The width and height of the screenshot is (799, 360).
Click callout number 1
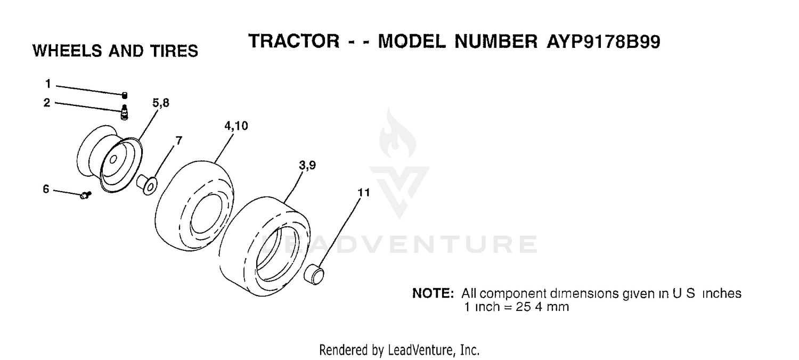(48, 84)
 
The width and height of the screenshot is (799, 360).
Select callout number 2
(47, 103)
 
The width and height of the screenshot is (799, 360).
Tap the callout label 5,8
(161, 103)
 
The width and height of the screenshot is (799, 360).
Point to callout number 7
(178, 141)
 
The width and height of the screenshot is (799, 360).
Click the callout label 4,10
(236, 126)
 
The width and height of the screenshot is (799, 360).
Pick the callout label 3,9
(307, 165)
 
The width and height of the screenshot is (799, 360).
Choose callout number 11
(364, 193)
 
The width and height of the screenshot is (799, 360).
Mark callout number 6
(46, 189)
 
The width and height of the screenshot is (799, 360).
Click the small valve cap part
(125, 95)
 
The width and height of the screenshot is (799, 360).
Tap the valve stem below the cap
(124, 112)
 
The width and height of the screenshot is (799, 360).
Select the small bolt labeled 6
(86, 195)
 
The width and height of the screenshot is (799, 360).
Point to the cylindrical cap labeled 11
(314, 274)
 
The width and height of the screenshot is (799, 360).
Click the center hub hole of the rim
(113, 159)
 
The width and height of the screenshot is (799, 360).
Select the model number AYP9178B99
(604, 42)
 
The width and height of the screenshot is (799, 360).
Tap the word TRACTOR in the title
(294, 41)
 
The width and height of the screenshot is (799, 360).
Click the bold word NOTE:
(433, 293)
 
